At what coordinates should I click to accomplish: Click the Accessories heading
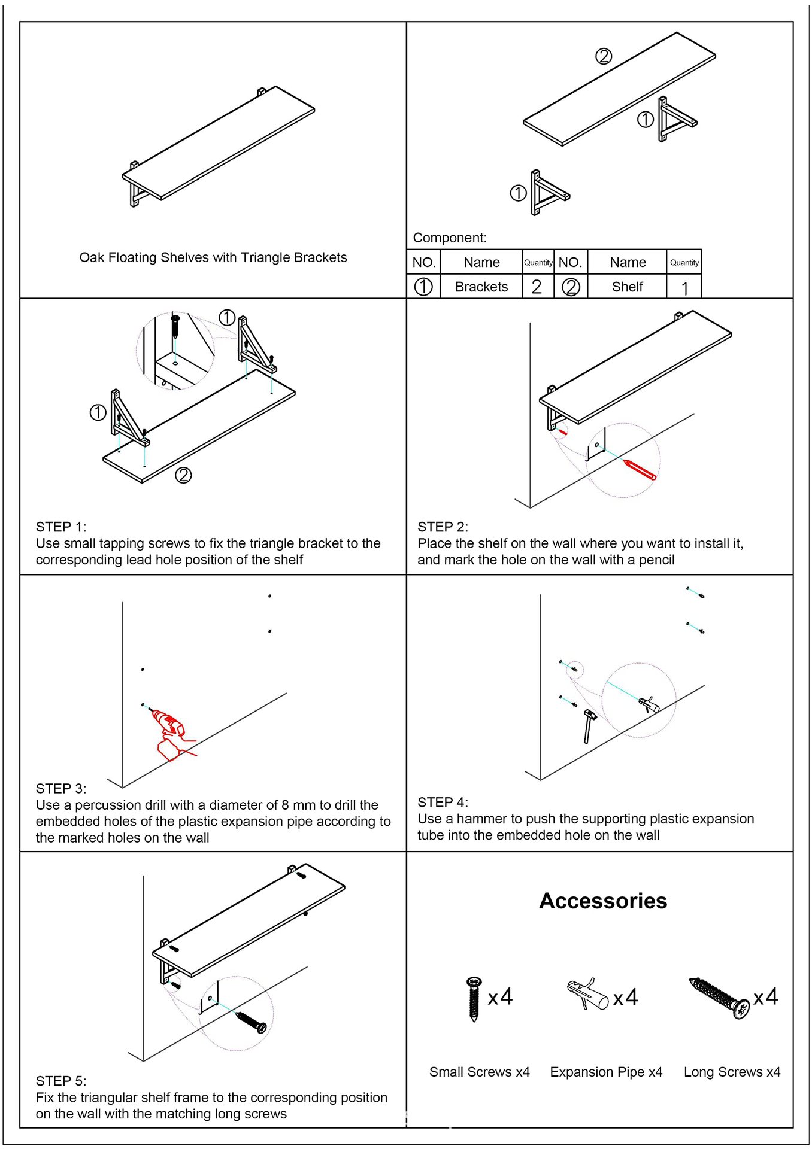click(x=602, y=901)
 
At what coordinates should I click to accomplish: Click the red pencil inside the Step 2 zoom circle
click(x=639, y=469)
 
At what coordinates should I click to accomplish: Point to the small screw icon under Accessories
click(x=474, y=998)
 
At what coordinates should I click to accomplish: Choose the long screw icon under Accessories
click(x=719, y=997)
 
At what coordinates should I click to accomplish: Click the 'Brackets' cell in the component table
click(x=481, y=287)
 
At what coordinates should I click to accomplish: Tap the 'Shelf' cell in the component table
click(x=627, y=287)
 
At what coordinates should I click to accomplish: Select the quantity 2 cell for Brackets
click(x=537, y=287)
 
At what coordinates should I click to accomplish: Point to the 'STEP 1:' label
click(x=61, y=527)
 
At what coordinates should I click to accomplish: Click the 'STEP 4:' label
click(x=443, y=802)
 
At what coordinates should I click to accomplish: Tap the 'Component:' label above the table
click(x=450, y=238)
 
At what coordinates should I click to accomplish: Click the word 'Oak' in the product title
click(x=92, y=257)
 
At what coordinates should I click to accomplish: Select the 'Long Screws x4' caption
click(x=732, y=1072)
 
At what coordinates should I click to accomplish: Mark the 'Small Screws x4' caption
click(x=479, y=1072)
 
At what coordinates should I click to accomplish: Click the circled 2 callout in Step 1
click(x=183, y=475)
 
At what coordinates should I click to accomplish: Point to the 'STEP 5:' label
click(x=61, y=1081)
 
